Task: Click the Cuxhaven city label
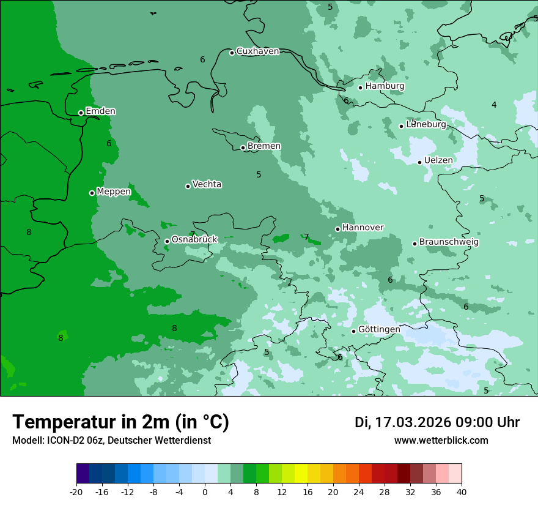click(257, 51)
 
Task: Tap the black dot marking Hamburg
click(361, 88)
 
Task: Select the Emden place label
click(100, 111)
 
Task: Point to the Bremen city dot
click(243, 148)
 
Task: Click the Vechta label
click(207, 184)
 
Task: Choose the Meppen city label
click(114, 192)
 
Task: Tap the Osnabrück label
click(194, 239)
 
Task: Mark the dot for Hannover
click(337, 229)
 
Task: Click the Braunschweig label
click(449, 242)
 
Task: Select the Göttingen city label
click(379, 329)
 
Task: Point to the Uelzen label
click(438, 160)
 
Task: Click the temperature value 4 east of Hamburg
click(494, 105)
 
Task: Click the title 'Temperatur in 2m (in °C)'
click(120, 422)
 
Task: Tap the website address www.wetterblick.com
click(441, 441)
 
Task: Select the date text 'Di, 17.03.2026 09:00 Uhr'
click(437, 422)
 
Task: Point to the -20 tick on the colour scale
click(76, 491)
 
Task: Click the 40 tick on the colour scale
click(462, 491)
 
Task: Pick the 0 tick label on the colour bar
click(205, 491)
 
